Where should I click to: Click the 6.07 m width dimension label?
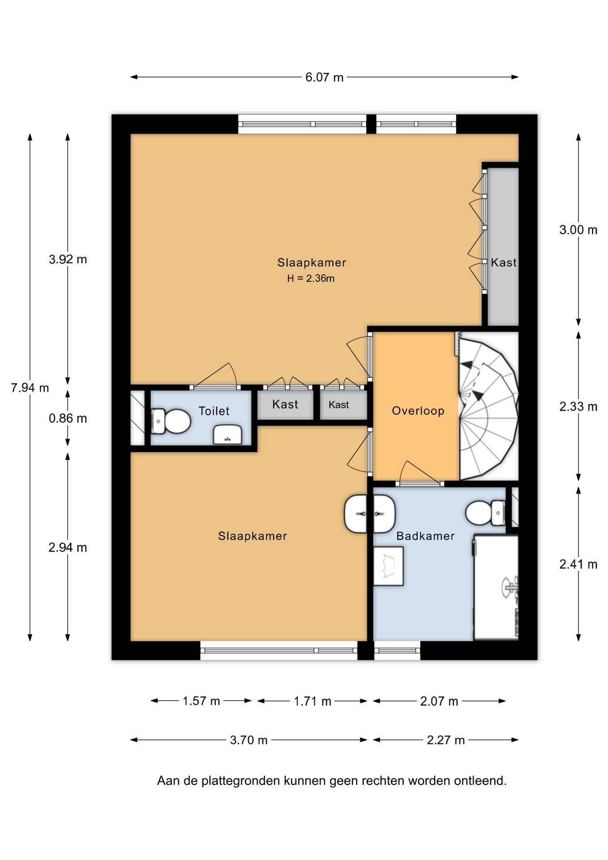(324, 77)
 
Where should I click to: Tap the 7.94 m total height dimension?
(30, 387)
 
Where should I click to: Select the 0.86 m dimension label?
(68, 418)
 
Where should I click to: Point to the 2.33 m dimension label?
(578, 407)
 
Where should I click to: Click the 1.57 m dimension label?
(201, 701)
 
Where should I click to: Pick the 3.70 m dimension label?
(248, 740)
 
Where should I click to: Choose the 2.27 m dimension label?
(445, 740)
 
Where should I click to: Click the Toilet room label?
(214, 411)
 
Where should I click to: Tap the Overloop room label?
(418, 411)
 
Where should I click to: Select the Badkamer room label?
(425, 536)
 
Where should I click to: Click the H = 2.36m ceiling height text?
(311, 278)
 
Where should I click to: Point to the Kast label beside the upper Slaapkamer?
(504, 262)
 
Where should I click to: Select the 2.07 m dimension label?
(439, 701)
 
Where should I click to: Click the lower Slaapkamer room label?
(253, 536)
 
